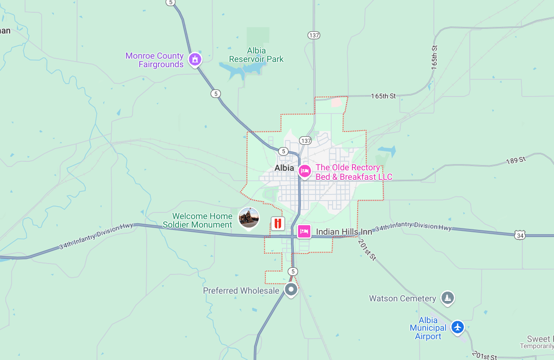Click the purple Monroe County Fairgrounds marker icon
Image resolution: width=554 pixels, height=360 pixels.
click(194, 60)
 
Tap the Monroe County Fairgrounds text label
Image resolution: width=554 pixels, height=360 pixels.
click(154, 60)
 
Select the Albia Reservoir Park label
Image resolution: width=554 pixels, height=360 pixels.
click(256, 55)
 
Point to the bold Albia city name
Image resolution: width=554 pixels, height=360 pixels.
click(284, 168)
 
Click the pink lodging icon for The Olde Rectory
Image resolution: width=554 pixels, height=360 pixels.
click(305, 171)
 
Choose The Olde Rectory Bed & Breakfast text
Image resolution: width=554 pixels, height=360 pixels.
click(354, 172)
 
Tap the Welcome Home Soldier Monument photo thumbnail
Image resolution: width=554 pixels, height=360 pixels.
click(249, 218)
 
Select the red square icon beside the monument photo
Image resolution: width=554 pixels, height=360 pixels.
click(278, 223)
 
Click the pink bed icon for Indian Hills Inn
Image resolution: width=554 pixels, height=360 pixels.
click(304, 231)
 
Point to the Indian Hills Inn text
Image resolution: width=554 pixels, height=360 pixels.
click(344, 232)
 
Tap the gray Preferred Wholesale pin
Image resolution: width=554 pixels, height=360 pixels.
click(291, 289)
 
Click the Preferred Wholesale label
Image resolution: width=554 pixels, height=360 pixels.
click(241, 290)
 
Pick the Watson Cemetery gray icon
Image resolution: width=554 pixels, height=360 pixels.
click(447, 298)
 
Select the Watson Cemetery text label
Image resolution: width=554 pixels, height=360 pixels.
click(402, 299)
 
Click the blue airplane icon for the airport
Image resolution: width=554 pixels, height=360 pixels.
click(457, 326)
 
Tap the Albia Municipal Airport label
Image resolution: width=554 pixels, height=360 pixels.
click(428, 328)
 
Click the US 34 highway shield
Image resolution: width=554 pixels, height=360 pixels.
click(520, 235)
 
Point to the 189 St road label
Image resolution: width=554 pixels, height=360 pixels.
click(516, 160)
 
